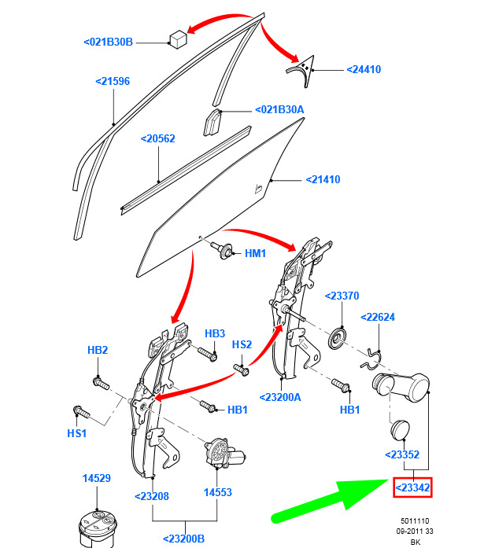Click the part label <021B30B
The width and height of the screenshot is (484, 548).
108,42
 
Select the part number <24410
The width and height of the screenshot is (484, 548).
364,69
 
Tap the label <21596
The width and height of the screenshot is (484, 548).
113,82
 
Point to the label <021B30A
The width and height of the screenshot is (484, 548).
279,110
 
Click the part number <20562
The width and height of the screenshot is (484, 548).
157,138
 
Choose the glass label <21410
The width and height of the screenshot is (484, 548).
323,179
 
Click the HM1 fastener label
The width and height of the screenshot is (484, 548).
255,253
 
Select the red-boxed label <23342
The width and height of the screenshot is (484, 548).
412,487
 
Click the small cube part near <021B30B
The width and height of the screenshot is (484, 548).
179,39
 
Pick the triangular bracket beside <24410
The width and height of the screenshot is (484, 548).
301,70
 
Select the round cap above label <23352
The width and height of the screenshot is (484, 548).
400,429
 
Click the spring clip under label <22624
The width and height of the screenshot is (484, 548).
371,359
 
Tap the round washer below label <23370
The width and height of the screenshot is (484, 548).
338,339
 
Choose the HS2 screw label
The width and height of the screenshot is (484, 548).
242,345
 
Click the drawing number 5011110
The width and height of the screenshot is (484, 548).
415,521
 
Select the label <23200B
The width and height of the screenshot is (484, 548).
183,539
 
